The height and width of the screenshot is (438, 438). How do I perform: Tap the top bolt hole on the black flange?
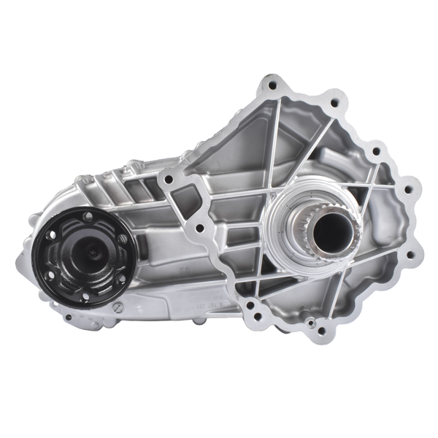point(87,217)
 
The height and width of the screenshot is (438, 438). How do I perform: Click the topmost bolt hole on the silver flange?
point(272,85)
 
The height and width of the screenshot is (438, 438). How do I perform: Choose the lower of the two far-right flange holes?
point(408,255)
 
